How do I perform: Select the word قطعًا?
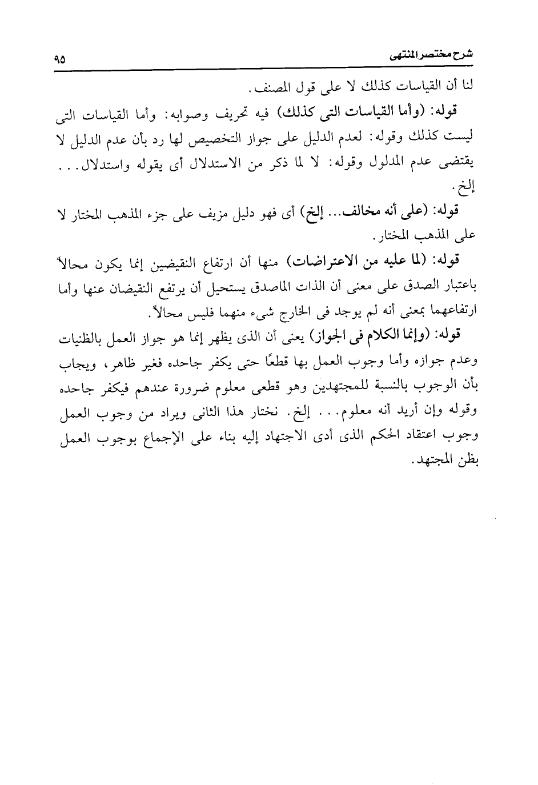coord(272,362)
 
